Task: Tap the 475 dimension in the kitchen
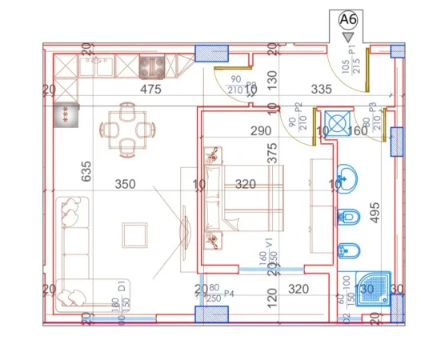(x=150, y=90)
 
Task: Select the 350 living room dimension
(x=125, y=184)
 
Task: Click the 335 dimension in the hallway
(x=299, y=90)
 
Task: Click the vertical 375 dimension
(x=272, y=154)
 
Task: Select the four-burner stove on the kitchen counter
(x=152, y=66)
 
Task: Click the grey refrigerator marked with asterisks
(x=66, y=114)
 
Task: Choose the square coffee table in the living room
(x=134, y=235)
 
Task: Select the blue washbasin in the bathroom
(x=347, y=178)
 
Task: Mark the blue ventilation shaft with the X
(x=339, y=124)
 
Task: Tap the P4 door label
(x=227, y=294)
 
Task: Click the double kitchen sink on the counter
(x=101, y=64)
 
